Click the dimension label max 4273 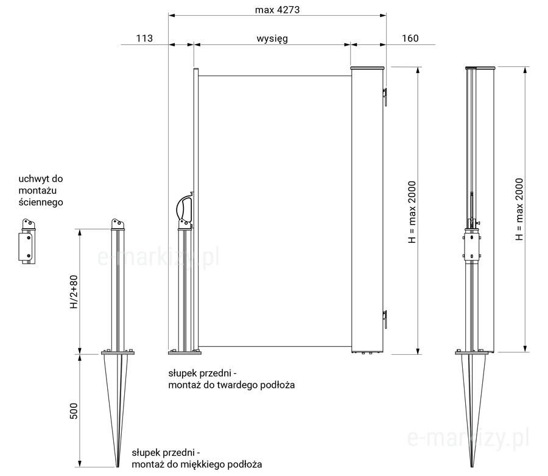tap(277, 10)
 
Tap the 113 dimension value tap(144, 38)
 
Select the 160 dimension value tap(410, 38)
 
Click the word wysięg tap(272, 38)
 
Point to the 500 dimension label tap(74, 411)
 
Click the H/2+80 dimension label tap(74, 292)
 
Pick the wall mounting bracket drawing tap(27, 241)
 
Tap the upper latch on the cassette tap(384, 96)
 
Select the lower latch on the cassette tap(384, 319)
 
